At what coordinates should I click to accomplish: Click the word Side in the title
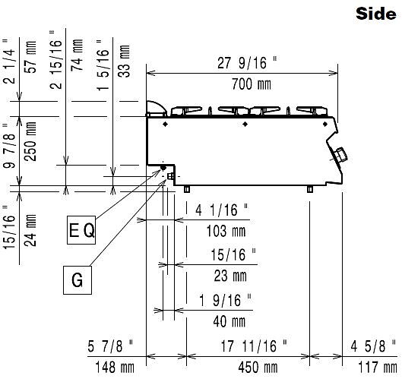click(x=376, y=14)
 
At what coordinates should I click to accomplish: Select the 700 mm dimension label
click(x=252, y=84)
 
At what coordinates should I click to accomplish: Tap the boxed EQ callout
click(x=81, y=230)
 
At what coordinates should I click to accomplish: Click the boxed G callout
click(x=78, y=280)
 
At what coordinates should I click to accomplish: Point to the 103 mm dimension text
click(x=226, y=231)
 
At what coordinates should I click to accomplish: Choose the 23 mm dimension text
click(x=230, y=276)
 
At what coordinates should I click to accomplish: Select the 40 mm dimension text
click(x=229, y=321)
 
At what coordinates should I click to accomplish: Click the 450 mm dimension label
click(x=258, y=368)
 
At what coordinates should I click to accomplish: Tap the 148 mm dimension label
click(x=115, y=368)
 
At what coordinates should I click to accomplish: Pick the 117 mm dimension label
click(x=378, y=368)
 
